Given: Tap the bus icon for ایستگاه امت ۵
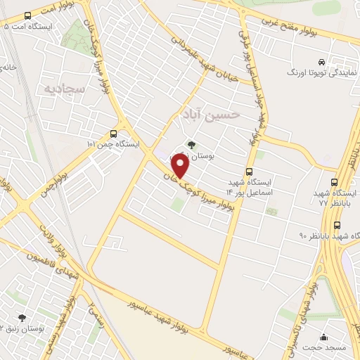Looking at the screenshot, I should (27, 15).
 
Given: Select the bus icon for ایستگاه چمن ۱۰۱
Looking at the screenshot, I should (114, 134).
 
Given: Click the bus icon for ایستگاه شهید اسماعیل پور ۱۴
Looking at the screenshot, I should (249, 172).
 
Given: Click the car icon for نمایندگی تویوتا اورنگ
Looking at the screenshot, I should (321, 63).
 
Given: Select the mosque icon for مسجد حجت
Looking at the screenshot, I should (323, 337).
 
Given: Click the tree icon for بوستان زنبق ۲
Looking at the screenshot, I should (22, 318).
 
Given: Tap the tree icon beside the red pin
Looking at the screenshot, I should (191, 145).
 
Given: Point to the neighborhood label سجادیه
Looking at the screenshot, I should (64, 89).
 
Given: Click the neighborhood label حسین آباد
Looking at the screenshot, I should (210, 113).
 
